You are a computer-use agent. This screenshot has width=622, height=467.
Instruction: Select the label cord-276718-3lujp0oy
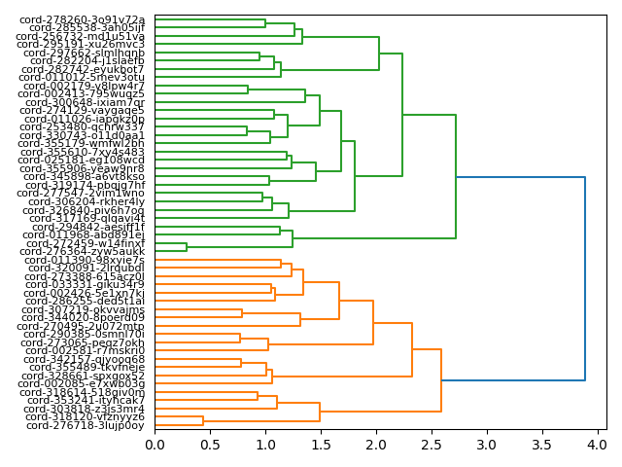click(85, 425)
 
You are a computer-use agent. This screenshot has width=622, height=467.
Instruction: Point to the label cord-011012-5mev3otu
click(84, 77)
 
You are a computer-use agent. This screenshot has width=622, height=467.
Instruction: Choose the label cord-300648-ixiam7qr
click(84, 102)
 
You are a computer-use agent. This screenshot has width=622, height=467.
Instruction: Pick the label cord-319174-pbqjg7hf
click(84, 185)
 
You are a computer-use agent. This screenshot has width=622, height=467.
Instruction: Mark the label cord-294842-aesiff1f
click(84, 227)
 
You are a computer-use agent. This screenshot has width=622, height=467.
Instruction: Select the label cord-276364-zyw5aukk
click(84, 251)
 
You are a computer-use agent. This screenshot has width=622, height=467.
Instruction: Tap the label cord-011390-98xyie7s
click(84, 260)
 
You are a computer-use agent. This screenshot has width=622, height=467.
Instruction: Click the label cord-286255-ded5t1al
click(84, 302)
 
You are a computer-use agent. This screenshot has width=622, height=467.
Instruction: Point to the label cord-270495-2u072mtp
click(84, 326)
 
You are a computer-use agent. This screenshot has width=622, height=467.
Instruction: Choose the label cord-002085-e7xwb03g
click(84, 383)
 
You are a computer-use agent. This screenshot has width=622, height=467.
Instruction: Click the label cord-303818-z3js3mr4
click(84, 409)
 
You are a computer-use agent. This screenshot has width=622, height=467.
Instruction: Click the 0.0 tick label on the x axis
click(155, 445)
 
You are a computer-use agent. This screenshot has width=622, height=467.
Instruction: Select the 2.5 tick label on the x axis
click(431, 445)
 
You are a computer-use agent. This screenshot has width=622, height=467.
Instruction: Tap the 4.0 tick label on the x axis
click(596, 445)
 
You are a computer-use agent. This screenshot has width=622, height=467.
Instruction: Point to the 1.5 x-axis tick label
click(321, 445)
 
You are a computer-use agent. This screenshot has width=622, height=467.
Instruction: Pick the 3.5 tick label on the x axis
click(540, 445)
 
